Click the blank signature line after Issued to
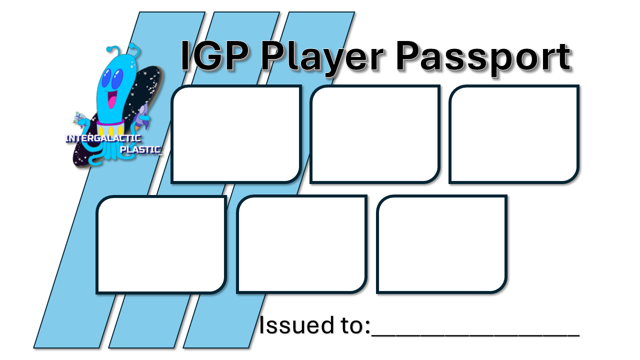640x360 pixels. point(475,330)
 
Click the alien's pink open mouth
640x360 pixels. point(112,100)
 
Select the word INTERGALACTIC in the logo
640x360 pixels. point(103,138)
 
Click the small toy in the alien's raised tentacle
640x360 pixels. point(79,118)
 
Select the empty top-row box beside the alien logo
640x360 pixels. point(235,134)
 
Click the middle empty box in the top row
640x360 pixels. point(374,134)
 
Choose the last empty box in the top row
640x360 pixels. point(513,134)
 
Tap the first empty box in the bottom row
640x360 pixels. point(161,244)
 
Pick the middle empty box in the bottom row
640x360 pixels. point(301,244)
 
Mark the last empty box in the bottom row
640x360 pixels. point(441,244)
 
